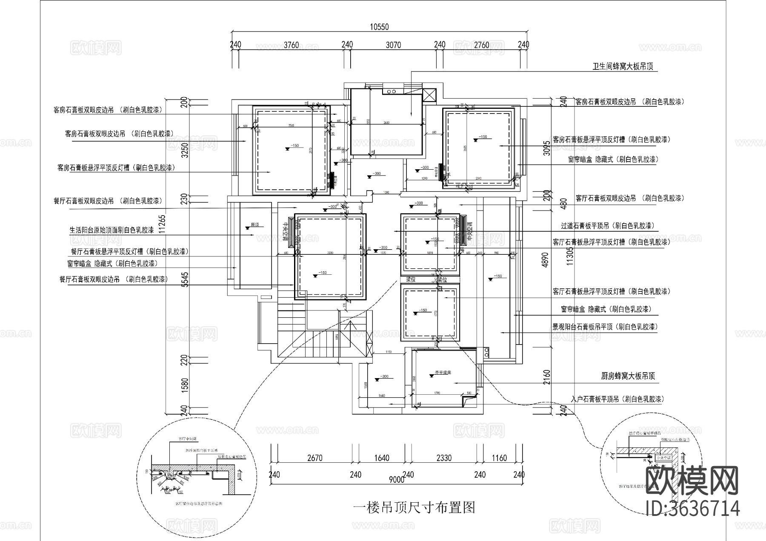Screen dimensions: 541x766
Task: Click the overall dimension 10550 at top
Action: [x=379, y=27]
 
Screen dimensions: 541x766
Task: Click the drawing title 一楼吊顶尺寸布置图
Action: [x=414, y=507]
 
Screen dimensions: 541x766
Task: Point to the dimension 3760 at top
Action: [x=292, y=45]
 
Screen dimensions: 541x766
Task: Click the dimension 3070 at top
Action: [x=393, y=45]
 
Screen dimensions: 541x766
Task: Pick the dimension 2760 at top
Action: [x=481, y=45]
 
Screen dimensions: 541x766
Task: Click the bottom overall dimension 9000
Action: [x=396, y=480]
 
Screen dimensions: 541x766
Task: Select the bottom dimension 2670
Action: [x=314, y=458]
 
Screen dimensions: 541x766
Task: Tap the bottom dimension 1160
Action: [x=499, y=458]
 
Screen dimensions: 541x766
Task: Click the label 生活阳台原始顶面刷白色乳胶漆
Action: [x=112, y=230]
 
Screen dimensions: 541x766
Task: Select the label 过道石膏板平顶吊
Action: [x=608, y=226]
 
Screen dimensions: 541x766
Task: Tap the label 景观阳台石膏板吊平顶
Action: [x=605, y=327]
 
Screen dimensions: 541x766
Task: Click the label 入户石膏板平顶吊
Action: [x=617, y=399]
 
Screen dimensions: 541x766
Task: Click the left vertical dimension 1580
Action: [x=184, y=385]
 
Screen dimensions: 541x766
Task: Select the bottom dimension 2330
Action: [x=443, y=458]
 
